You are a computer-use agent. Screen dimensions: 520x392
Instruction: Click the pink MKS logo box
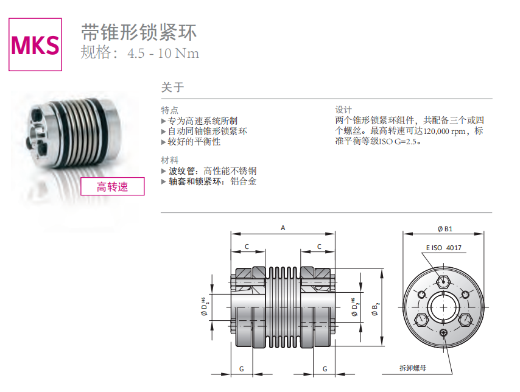pyautogui.click(x=35, y=44)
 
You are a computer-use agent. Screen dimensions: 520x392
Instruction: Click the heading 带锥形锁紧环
pyautogui.click(x=139, y=32)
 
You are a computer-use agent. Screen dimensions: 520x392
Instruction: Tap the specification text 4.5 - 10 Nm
pyautogui.click(x=163, y=53)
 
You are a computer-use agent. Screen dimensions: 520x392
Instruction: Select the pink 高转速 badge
pyautogui.click(x=113, y=186)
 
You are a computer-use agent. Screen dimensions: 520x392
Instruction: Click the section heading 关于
pyautogui.click(x=172, y=87)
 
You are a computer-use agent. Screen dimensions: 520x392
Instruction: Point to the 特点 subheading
pyautogui.click(x=170, y=110)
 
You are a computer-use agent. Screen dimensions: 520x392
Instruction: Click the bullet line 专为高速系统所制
pyautogui.click(x=203, y=121)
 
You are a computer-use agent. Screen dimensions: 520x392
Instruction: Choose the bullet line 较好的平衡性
pyautogui.click(x=194, y=142)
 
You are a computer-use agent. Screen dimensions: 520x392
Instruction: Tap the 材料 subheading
pyautogui.click(x=170, y=160)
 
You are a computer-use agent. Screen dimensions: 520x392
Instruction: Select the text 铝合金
pyautogui.click(x=244, y=181)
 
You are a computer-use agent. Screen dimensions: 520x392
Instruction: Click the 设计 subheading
pyautogui.click(x=343, y=110)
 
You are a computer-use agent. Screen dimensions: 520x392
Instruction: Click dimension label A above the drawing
pyautogui.click(x=283, y=228)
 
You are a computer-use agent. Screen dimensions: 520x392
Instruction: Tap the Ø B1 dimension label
pyautogui.click(x=444, y=229)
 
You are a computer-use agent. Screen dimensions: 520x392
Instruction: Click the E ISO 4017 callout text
pyautogui.click(x=444, y=248)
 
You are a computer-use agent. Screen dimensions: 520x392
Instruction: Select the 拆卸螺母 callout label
pyautogui.click(x=413, y=368)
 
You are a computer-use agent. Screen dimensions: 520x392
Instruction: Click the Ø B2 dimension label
pyautogui.click(x=375, y=309)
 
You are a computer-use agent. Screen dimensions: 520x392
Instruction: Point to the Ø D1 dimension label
pyautogui.click(x=205, y=307)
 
